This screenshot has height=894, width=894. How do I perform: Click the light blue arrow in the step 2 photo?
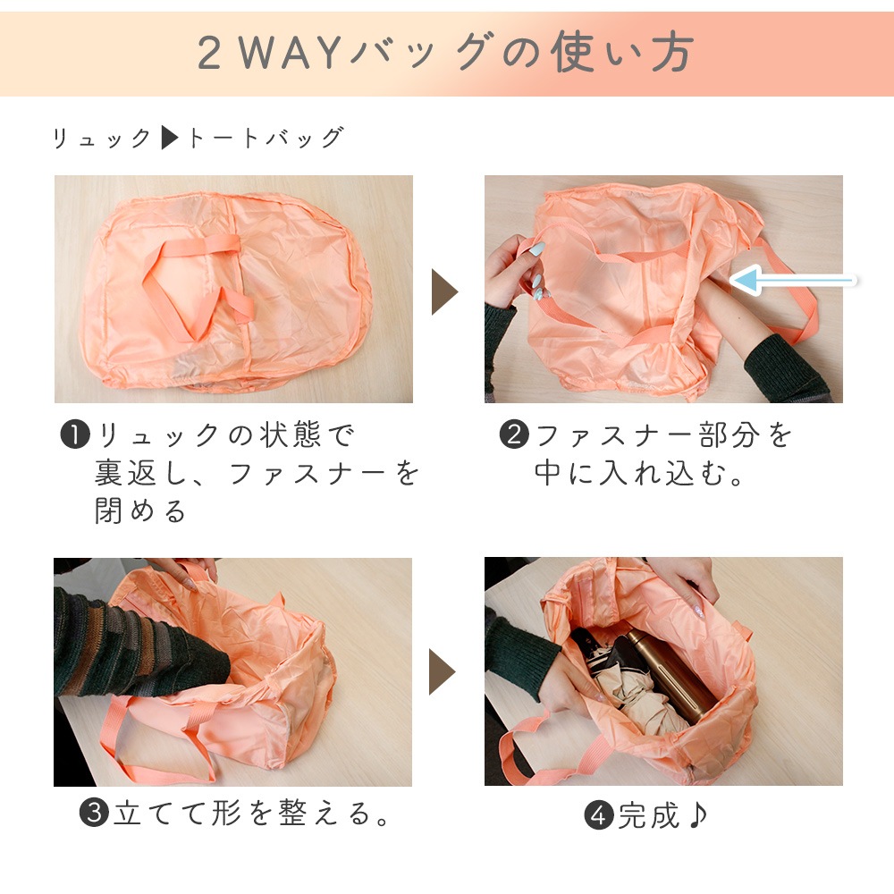(792, 280)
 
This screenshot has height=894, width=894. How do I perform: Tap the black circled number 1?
(75, 434)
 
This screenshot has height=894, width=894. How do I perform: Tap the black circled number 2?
(514, 434)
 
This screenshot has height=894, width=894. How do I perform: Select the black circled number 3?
(94, 813)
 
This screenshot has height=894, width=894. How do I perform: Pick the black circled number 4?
(599, 815)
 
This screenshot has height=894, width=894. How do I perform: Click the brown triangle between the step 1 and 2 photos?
(444, 291)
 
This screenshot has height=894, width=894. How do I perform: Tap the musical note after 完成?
(698, 814)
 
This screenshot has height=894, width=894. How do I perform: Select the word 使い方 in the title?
(622, 52)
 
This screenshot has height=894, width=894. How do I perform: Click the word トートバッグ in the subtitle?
(266, 138)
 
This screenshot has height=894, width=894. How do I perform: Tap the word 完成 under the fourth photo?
(649, 815)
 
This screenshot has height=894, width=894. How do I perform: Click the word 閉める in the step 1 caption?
(140, 510)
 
